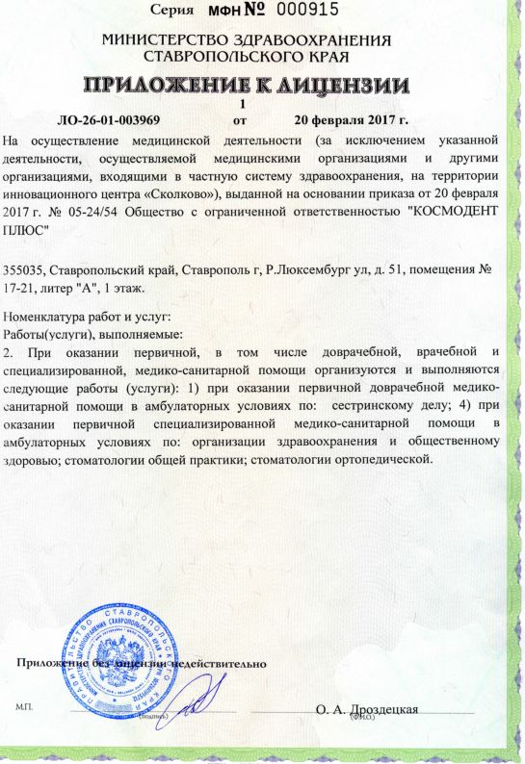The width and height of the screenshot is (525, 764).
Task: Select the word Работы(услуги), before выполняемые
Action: tap(47, 333)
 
